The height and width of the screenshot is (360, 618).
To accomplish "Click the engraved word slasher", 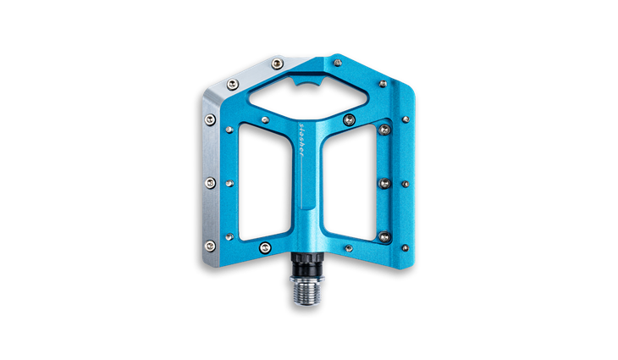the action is click(x=302, y=140).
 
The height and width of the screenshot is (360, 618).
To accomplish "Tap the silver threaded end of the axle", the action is click(x=307, y=291).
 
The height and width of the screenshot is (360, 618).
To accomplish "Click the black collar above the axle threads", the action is click(x=307, y=263).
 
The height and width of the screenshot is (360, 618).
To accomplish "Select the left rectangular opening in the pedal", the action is click(x=265, y=182).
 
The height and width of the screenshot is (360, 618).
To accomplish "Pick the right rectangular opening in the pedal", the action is click(x=350, y=182).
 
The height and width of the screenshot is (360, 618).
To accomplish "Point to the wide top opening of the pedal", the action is click(x=309, y=96).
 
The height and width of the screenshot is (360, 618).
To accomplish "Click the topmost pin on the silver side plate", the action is click(x=277, y=63).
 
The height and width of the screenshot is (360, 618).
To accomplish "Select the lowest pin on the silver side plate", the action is click(x=210, y=246).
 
